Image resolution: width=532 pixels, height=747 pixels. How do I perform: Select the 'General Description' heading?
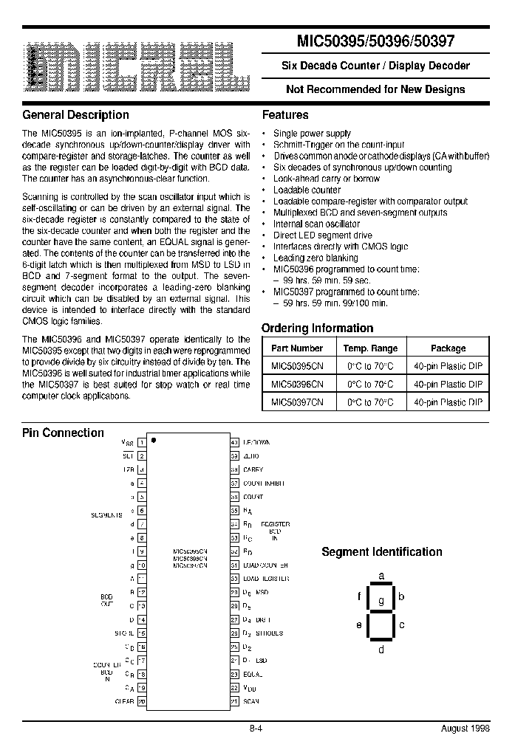pos(75,115)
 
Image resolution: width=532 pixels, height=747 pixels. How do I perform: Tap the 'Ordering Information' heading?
pos(317,328)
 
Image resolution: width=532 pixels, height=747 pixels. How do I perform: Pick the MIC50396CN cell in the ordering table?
pos(297,385)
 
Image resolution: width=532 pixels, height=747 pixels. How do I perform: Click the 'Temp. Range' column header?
pos(370,348)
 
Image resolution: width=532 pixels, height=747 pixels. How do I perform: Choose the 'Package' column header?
pos(448,348)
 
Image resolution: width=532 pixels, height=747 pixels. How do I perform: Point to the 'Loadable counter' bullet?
pos(308,190)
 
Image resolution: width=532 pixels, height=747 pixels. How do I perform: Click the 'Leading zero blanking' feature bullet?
pos(316,258)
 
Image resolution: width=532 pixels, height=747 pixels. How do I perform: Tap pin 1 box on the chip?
pos(142,442)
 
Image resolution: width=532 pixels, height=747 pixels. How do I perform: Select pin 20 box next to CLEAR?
pos(142,701)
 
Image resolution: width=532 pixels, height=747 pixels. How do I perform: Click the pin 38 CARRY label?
pos(253,469)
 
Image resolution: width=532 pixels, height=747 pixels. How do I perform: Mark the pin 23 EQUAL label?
pos(253,674)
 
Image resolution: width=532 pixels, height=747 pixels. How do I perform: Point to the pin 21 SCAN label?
pos(250,701)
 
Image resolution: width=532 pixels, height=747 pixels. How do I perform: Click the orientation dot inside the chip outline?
pos(154,440)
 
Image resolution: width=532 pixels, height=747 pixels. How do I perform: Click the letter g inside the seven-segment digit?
pos(381,601)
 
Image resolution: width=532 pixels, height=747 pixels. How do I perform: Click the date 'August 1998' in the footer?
pos(465,727)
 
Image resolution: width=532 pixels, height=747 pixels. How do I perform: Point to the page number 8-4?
pos(256,727)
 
